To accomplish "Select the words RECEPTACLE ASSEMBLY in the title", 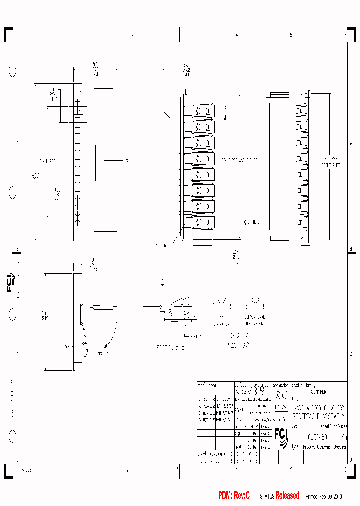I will click(318, 415).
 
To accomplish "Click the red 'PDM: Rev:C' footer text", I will click(234, 495).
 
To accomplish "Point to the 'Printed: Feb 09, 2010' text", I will click(324, 496).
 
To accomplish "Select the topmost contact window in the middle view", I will click(202, 111).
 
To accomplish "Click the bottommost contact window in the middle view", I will click(202, 222).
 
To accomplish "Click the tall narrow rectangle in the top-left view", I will click(100, 163).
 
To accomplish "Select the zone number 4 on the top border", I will click(236, 35).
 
